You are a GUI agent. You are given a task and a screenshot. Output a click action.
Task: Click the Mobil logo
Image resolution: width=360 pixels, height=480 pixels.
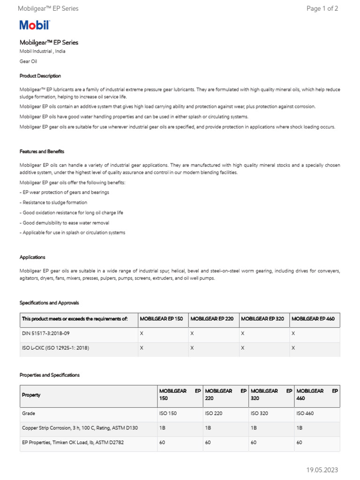tap(34, 25)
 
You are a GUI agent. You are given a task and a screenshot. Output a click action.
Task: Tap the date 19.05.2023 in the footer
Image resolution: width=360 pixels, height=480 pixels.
tap(322, 470)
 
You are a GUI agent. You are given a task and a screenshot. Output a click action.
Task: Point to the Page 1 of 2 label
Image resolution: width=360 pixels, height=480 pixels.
tap(322, 8)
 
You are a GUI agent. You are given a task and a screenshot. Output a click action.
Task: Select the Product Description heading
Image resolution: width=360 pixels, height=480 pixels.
tap(40, 76)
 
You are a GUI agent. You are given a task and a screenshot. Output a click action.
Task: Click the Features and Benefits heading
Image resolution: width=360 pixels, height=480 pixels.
tap(42, 151)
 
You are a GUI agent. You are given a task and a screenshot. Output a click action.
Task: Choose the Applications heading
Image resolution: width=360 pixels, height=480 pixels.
tap(32, 257)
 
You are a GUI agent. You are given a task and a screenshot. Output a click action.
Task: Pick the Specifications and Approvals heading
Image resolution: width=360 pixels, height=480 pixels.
tap(49, 303)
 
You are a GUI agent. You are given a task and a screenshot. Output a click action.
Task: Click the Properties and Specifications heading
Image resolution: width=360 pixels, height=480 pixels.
tap(50, 375)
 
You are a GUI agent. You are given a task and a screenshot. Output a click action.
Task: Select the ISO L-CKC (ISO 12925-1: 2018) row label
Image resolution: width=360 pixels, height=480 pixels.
tap(55, 348)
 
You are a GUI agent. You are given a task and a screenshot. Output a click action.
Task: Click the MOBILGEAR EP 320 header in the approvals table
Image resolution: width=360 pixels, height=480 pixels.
tap(262, 319)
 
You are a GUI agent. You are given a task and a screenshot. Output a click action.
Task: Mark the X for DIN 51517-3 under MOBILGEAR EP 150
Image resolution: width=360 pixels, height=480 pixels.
tap(142, 333)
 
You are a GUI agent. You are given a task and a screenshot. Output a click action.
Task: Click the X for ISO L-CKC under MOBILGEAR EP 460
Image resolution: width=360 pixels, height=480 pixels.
tap(293, 348)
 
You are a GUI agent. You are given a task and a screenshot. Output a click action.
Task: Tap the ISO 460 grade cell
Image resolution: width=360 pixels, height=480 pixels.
tap(306, 413)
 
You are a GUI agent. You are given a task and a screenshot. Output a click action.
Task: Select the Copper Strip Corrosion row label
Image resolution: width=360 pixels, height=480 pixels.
tap(80, 428)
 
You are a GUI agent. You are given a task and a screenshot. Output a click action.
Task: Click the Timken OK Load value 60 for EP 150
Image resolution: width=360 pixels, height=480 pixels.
tap(162, 442)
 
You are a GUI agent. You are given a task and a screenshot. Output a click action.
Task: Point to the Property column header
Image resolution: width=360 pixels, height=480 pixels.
tap(31, 395)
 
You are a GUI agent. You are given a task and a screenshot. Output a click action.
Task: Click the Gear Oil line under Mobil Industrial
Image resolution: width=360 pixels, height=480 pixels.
tap(28, 61)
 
